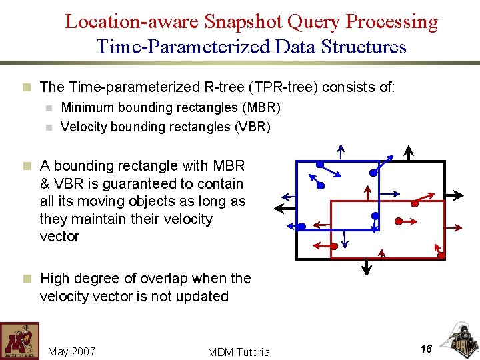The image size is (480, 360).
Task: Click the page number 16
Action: click(x=426, y=349)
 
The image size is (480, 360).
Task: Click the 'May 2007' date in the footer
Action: click(x=72, y=351)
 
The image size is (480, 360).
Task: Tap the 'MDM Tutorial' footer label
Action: click(x=240, y=352)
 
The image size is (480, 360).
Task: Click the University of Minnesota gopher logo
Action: click(x=19, y=341)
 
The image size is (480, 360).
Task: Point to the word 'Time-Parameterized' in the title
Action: click(x=179, y=47)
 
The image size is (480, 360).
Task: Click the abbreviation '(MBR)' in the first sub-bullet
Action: click(x=260, y=107)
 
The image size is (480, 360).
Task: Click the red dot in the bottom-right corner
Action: click(x=441, y=255)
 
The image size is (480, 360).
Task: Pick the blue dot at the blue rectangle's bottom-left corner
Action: click(x=301, y=227)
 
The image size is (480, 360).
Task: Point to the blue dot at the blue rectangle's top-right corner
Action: click(x=373, y=171)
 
